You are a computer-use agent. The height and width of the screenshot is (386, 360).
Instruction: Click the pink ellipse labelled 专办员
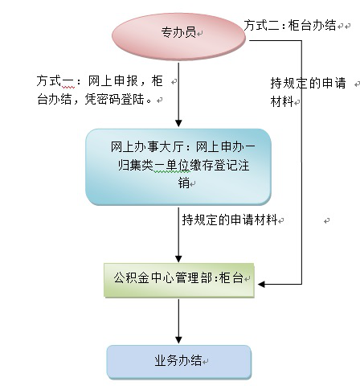(x=178, y=37)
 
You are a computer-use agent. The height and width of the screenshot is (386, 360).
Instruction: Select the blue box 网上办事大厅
(x=178, y=167)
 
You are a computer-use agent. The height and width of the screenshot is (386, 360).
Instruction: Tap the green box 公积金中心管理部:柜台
(x=179, y=281)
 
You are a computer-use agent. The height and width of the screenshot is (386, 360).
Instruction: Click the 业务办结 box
(x=179, y=362)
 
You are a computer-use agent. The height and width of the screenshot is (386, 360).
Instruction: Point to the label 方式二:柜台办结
(x=290, y=26)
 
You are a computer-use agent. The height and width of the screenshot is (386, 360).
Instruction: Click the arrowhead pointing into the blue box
(x=178, y=123)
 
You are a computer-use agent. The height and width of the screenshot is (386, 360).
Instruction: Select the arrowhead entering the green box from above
(x=178, y=259)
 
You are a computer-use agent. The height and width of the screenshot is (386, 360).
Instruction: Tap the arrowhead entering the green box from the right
(x=261, y=284)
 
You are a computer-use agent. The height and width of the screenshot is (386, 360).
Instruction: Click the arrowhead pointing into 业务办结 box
(x=178, y=340)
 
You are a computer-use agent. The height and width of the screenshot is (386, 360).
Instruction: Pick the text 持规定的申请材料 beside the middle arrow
(x=230, y=220)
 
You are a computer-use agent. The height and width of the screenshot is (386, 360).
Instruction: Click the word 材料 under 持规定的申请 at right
(x=282, y=101)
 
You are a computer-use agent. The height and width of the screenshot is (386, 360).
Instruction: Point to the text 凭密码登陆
(x=115, y=99)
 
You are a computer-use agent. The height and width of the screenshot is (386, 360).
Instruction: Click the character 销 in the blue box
(x=184, y=183)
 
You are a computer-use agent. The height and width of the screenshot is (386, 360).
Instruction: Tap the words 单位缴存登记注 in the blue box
(x=207, y=165)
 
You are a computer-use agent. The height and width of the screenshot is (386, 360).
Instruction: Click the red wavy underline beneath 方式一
(x=68, y=88)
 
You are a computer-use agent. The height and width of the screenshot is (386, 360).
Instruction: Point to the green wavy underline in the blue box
(x=172, y=172)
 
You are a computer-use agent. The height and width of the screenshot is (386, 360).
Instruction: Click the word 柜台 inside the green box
(x=231, y=277)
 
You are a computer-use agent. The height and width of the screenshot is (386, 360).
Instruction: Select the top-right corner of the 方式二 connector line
(x=302, y=41)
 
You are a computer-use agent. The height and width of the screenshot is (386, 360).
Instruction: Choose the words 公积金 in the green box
(x=131, y=277)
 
